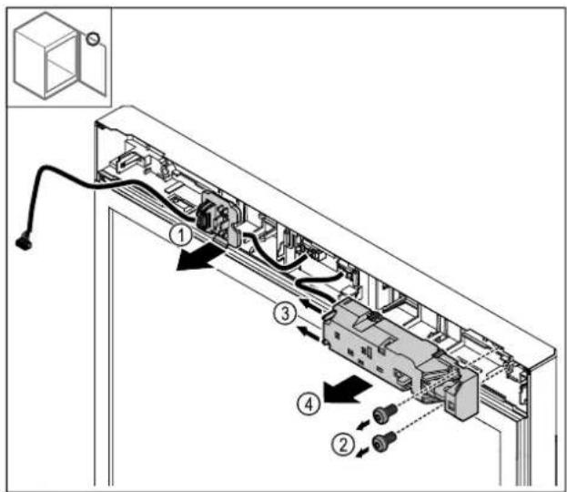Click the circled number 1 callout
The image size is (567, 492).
tap(181, 235)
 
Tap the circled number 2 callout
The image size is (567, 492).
tap(343, 444)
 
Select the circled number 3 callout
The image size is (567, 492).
tap(285, 313)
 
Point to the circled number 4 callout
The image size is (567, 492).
tap(309, 404)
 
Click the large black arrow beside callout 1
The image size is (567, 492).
tap(198, 257)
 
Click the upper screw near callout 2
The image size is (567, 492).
tap(385, 414)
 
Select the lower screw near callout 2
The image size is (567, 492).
tap(385, 441)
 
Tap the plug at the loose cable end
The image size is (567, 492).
tap(24, 242)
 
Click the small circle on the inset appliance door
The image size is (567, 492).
tap(93, 39)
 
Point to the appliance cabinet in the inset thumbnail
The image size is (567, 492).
tap(46, 56)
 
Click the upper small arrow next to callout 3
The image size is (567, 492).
tap(310, 304)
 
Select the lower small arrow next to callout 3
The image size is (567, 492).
tap(309, 333)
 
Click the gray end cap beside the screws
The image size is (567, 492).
tap(463, 393)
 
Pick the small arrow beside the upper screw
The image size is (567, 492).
tap(363, 425)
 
